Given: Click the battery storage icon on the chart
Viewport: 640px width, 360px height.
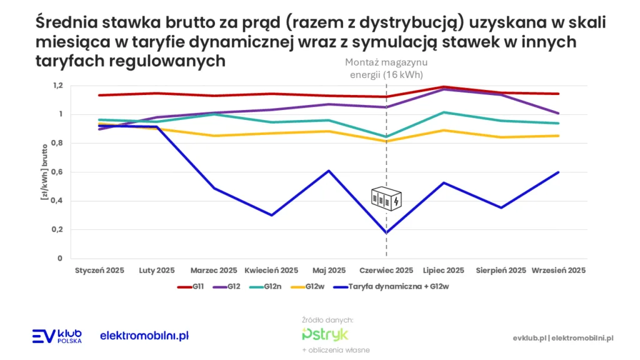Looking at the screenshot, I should point(387,199).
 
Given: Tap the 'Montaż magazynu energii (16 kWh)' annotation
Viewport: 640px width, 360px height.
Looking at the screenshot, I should point(386,69).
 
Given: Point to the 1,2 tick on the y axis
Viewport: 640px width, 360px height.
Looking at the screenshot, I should point(58,86).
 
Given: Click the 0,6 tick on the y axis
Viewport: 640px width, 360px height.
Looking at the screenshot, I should point(58,172).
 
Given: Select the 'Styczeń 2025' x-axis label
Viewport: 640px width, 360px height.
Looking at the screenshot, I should point(99,271).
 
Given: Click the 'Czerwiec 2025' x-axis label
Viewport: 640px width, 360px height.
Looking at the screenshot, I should point(386,271).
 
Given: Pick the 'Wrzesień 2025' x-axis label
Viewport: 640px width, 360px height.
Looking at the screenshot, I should point(558,271).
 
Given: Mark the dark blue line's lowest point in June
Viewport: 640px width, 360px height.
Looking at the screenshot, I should point(386,233).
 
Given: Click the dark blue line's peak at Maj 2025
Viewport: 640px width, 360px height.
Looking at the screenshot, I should point(329,171).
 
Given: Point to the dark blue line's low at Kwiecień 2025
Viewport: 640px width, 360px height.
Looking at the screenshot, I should point(271,215).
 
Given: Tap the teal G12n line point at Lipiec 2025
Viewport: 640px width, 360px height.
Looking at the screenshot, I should point(444,112).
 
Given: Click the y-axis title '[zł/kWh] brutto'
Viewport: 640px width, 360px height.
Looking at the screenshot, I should point(45,171).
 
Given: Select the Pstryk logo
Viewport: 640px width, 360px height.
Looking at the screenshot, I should point(325,334).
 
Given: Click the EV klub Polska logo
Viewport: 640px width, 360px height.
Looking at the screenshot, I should point(56,336).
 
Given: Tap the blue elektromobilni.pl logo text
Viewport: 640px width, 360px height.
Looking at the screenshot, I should point(144,336).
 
